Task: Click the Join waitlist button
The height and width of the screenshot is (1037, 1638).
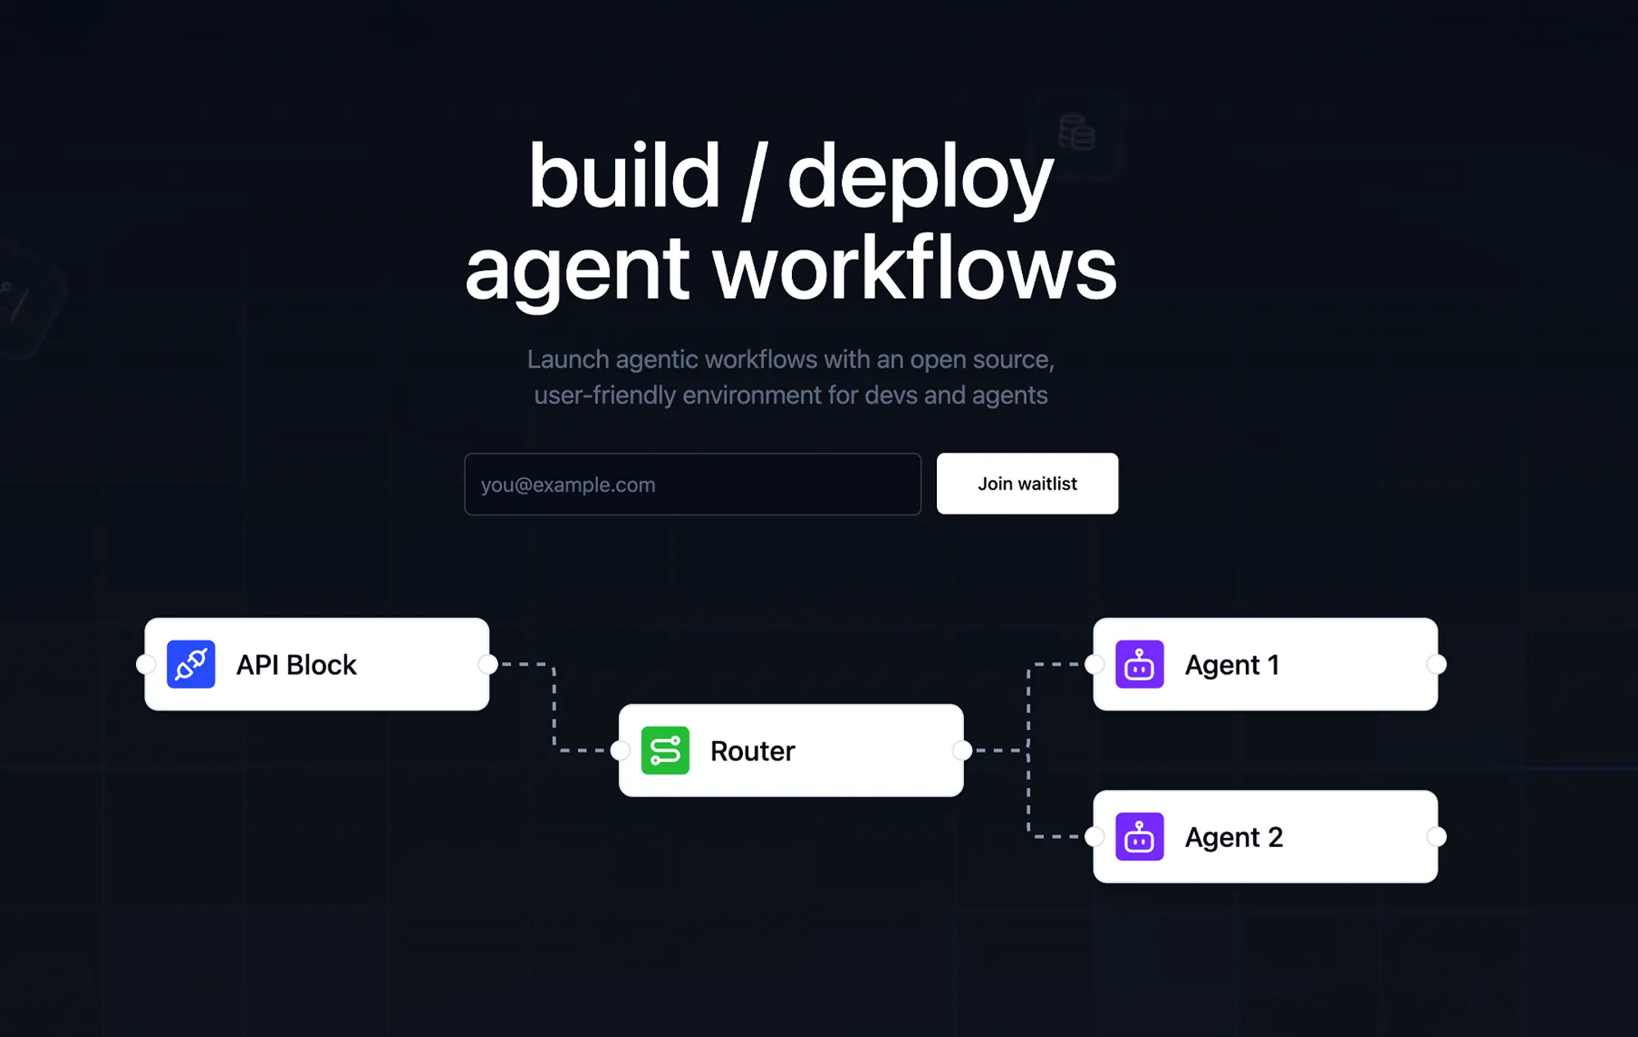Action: click(x=1027, y=484)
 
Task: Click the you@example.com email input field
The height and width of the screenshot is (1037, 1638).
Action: click(x=692, y=485)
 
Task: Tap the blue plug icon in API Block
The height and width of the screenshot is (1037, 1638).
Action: click(x=191, y=665)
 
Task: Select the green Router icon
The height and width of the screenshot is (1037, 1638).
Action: click(x=665, y=751)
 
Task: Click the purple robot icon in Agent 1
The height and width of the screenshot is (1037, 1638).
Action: click(x=1139, y=665)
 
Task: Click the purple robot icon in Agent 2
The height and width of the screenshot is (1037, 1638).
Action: click(x=1139, y=836)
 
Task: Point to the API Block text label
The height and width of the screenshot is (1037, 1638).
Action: click(x=296, y=665)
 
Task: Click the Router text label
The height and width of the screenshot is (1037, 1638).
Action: click(x=752, y=751)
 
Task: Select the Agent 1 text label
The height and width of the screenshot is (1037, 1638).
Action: click(x=1232, y=665)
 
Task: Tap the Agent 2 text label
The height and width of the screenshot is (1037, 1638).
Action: click(x=1233, y=837)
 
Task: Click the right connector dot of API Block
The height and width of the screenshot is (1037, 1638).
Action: click(x=488, y=664)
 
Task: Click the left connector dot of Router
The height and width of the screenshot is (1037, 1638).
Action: click(x=620, y=750)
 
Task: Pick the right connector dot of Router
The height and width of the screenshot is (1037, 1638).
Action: click(x=962, y=750)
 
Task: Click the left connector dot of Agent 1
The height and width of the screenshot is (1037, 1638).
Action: click(x=1094, y=664)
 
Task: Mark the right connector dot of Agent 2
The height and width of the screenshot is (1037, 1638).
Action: click(x=1437, y=836)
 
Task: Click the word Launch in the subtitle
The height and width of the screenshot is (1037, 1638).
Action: click(x=568, y=359)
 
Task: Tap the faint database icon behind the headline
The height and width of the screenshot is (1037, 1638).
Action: click(x=1077, y=133)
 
